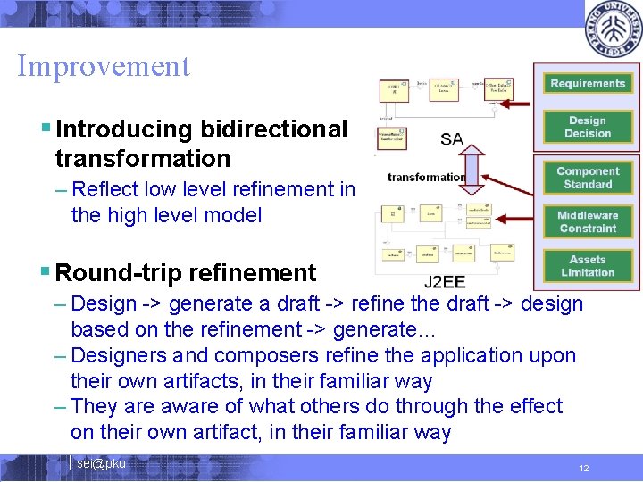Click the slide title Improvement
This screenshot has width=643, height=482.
[104, 66]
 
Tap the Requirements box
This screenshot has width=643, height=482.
[587, 83]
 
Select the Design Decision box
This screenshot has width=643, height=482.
[587, 127]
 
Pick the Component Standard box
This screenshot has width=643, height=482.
[587, 178]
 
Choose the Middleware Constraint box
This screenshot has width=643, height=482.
[587, 221]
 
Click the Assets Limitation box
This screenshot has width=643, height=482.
[587, 265]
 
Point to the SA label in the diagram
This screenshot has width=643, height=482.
[452, 139]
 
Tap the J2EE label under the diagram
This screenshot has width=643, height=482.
[444, 282]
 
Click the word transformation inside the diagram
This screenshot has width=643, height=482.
[426, 177]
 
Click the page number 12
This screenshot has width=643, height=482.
[584, 469]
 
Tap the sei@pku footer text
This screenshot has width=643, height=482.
[101, 463]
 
